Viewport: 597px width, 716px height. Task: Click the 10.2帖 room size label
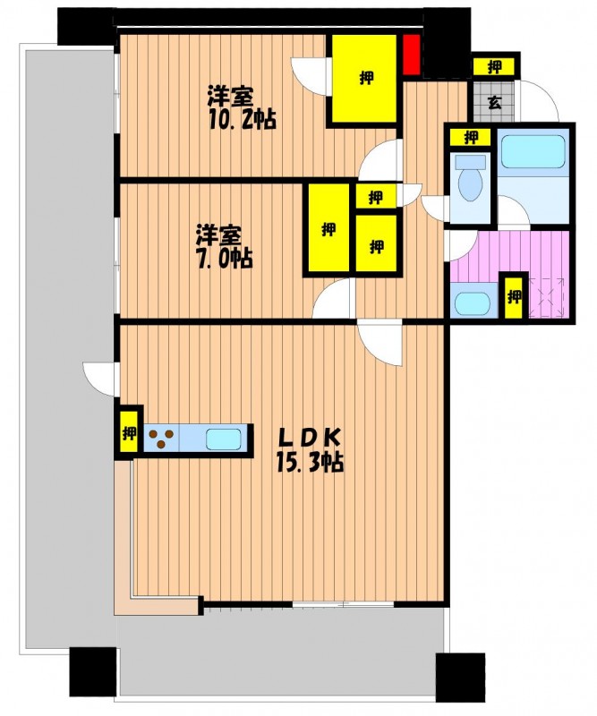(x=243, y=119)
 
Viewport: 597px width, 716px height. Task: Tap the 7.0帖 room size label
(x=225, y=258)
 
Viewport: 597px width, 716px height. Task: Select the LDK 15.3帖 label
(x=310, y=451)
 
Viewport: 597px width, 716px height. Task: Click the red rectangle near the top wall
(x=412, y=54)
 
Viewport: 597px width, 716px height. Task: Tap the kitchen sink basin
(x=223, y=439)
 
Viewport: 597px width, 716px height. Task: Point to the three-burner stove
(x=162, y=438)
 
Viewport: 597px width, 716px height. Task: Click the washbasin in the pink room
(x=473, y=303)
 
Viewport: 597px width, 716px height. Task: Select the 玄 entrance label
(x=494, y=102)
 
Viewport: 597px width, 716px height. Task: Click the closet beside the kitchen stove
(x=129, y=433)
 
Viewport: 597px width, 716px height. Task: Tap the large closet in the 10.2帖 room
(x=364, y=79)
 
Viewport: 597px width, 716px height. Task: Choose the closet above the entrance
(x=494, y=66)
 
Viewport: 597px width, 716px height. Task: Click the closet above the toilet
(x=470, y=137)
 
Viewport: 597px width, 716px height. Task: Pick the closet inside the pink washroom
(x=515, y=297)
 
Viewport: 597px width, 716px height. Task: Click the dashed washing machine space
(x=547, y=297)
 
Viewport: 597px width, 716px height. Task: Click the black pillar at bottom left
(x=93, y=671)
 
